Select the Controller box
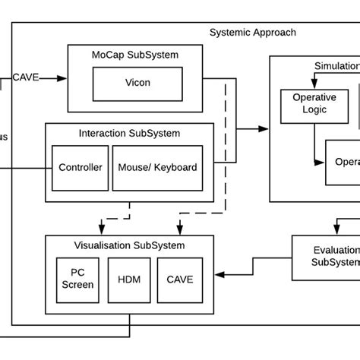point(80,167)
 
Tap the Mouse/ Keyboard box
point(159,167)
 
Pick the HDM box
point(124,279)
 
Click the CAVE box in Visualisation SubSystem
point(179,279)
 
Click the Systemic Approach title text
point(252,33)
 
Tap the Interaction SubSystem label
point(129,134)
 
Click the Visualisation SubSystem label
point(129,245)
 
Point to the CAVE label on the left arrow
point(26,77)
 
